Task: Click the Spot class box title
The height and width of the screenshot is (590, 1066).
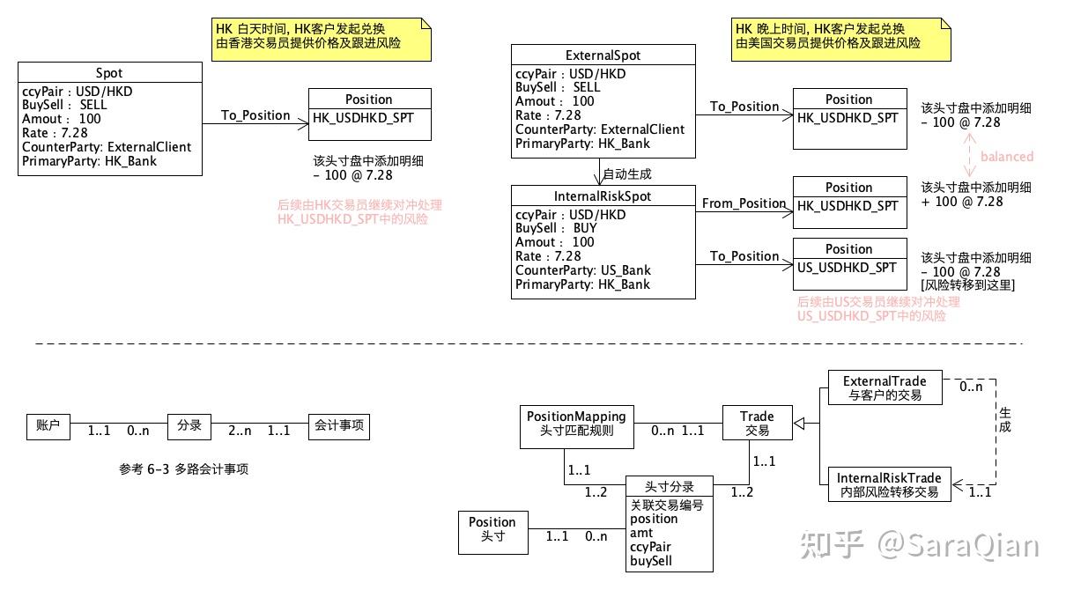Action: (108, 73)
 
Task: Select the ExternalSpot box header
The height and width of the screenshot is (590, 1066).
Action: (603, 55)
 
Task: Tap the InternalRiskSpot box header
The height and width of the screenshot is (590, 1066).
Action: (603, 196)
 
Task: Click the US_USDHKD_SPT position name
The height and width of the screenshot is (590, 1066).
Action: (848, 267)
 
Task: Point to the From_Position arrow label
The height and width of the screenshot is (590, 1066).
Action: (744, 203)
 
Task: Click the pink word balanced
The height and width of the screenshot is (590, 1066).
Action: (1006, 157)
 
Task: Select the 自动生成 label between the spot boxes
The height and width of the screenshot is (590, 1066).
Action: (627, 174)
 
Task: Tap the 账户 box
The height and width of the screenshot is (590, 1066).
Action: (48, 426)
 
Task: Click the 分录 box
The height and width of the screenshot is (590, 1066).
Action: (189, 426)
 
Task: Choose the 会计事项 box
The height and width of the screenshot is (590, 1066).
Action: (338, 426)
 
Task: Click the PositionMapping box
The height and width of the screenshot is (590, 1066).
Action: (576, 423)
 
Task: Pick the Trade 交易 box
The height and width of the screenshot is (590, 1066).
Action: (757, 423)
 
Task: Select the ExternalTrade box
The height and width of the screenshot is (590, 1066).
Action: (885, 388)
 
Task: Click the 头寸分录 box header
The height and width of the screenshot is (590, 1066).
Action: (669, 487)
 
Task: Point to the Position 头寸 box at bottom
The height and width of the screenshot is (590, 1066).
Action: (492, 528)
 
